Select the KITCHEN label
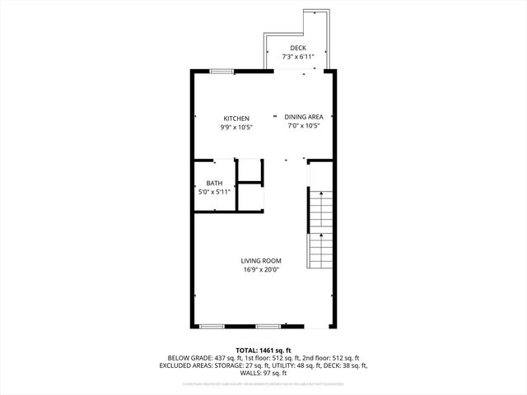click(x=236, y=118)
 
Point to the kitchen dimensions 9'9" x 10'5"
click(x=236, y=128)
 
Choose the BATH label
click(x=214, y=184)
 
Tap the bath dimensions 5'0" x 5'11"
click(x=214, y=192)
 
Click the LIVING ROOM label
click(x=261, y=261)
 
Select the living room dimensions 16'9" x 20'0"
click(x=261, y=269)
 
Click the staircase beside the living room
click(x=319, y=230)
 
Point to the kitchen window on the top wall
click(x=221, y=72)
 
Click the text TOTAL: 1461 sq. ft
click(x=263, y=350)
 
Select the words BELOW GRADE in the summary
click(x=187, y=358)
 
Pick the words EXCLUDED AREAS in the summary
click(x=190, y=365)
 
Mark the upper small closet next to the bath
click(x=249, y=170)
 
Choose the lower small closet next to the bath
click(x=249, y=196)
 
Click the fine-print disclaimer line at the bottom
click(x=263, y=384)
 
